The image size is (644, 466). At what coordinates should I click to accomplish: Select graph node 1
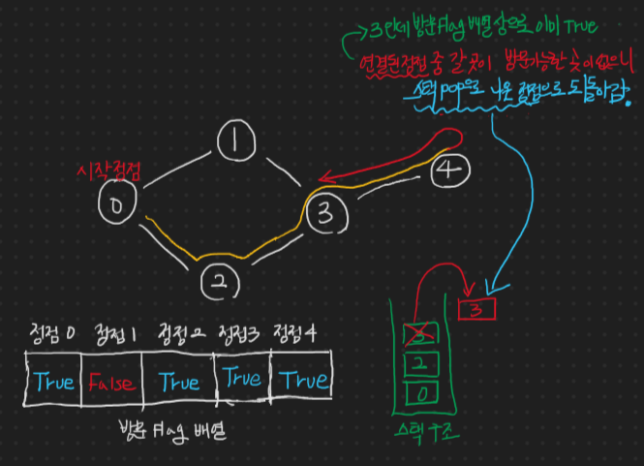234,144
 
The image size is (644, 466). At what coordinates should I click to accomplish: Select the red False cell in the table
112,383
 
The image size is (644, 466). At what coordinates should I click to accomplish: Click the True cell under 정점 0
53,382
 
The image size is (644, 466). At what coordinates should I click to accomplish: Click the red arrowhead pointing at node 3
323,177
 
